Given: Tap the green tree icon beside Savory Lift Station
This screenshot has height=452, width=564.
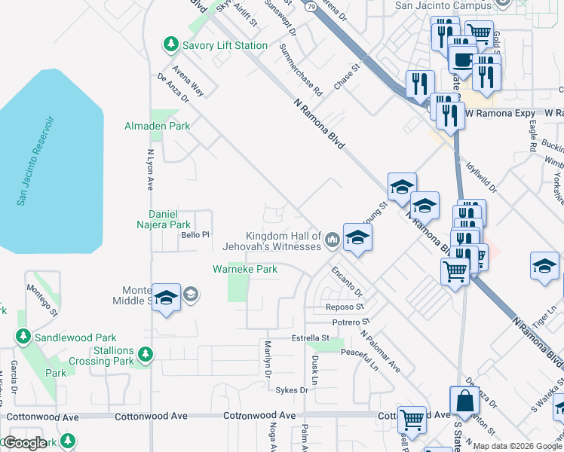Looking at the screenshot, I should (171, 45).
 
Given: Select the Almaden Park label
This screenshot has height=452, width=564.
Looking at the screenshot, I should (158, 126).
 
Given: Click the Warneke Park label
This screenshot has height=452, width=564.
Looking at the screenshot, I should (245, 268).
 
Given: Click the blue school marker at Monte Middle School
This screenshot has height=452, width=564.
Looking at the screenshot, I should (166, 297).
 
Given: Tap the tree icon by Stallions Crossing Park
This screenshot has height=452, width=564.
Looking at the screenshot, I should (145, 353).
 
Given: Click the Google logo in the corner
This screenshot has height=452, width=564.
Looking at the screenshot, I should (25, 442).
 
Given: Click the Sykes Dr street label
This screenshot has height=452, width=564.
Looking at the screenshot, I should (292, 389).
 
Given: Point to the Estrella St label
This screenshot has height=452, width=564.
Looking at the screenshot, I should (312, 338).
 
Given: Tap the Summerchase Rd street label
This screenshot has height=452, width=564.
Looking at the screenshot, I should (300, 69).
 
